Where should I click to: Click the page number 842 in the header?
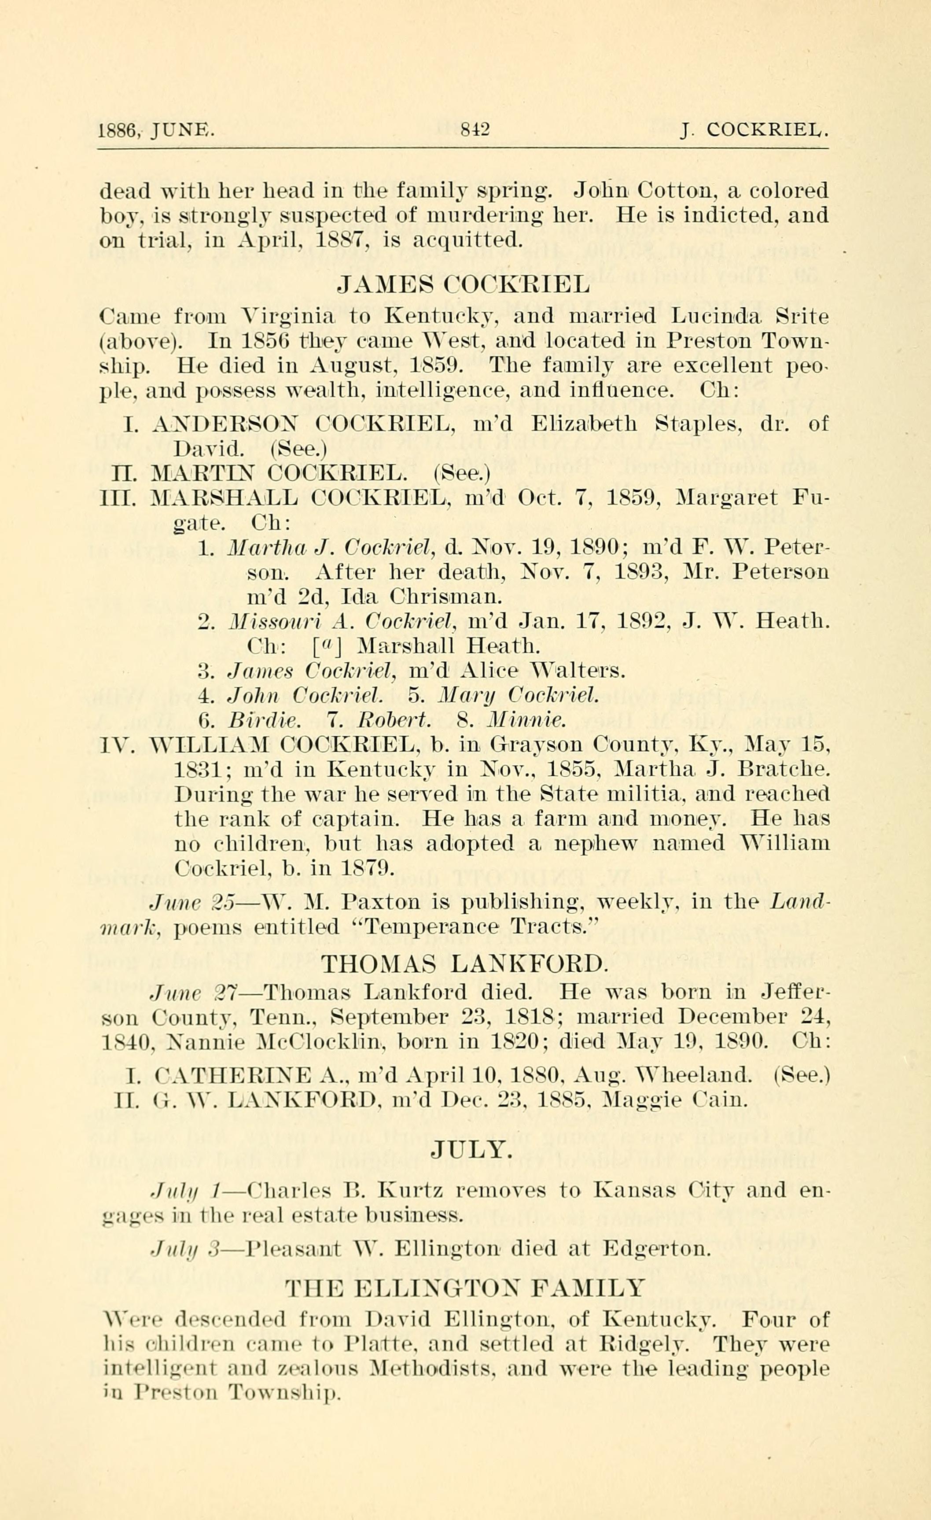475,130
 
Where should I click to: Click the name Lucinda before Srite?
720,317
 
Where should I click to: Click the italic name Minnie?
525,720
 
